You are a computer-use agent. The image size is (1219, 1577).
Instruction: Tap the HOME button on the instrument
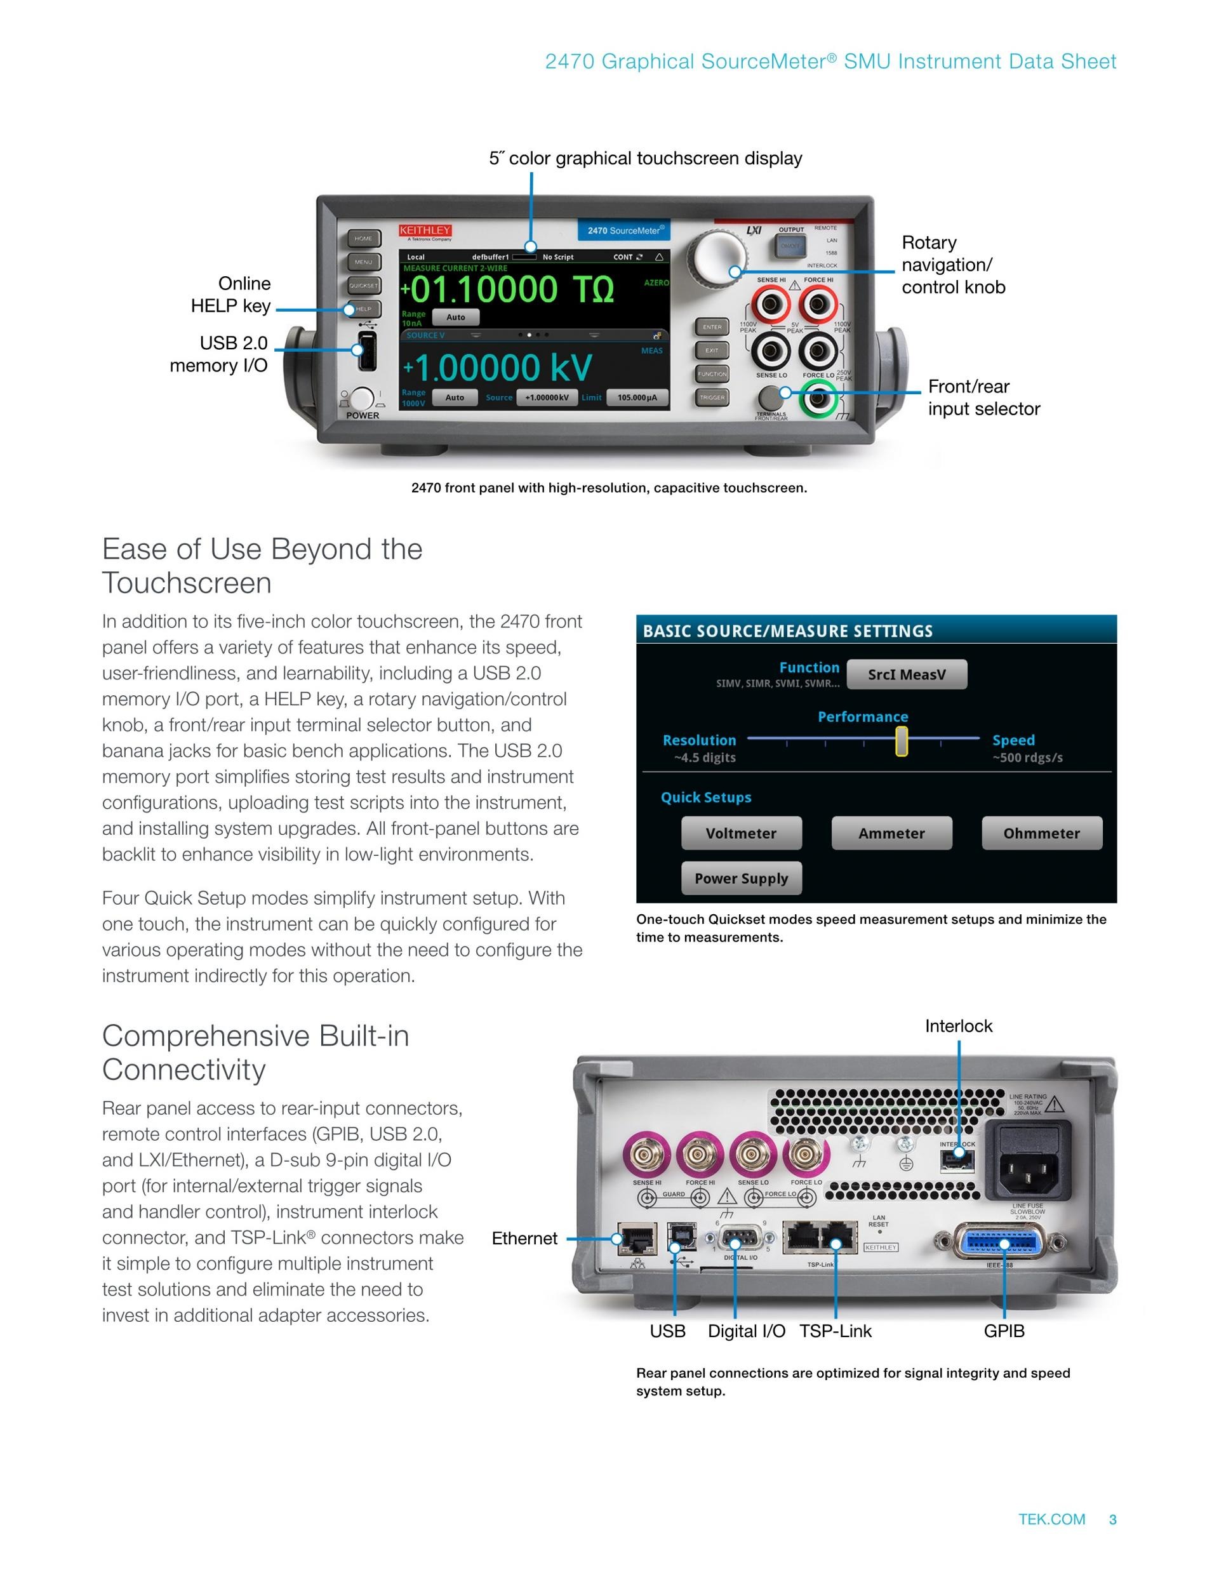(364, 238)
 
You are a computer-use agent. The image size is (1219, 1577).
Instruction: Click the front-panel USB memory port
(367, 351)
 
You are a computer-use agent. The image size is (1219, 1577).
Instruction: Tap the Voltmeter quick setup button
(741, 834)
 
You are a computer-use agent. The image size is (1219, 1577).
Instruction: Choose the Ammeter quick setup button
(891, 834)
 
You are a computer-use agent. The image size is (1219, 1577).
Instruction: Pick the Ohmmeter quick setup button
(1041, 834)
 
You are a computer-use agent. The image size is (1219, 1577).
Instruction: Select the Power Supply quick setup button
(741, 878)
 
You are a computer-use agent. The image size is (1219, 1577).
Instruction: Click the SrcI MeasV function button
(906, 674)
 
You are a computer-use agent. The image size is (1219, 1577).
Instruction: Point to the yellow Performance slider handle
(902, 741)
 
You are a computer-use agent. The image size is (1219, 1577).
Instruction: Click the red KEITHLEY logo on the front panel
(425, 230)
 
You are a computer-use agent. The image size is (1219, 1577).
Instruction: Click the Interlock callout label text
(958, 1026)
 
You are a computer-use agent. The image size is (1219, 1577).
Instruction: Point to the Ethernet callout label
(524, 1239)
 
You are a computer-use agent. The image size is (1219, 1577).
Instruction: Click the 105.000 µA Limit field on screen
(637, 397)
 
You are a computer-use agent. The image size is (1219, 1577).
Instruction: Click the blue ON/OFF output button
(790, 246)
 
